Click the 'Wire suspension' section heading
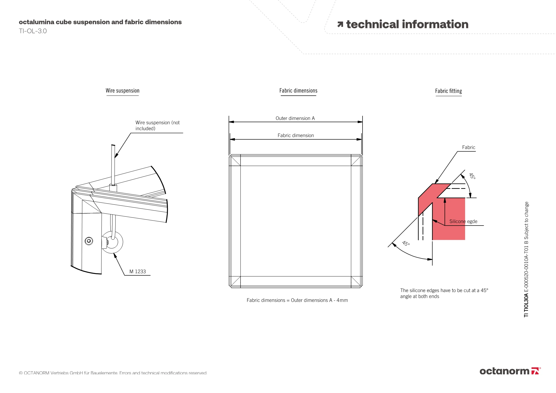122,91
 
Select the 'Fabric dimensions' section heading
298,91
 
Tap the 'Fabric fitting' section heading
448,91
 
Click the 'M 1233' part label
138,271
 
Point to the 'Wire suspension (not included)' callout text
157,125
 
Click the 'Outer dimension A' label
295,118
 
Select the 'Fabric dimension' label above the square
296,135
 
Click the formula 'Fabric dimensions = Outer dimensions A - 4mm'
297,300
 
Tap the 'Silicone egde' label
463,221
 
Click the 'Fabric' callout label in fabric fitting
468,147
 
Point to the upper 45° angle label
472,176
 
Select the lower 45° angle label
406,244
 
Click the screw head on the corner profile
89,241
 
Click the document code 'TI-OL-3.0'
33,31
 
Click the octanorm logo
510,371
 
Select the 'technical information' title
407,24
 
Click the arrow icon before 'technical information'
340,24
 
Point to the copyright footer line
113,373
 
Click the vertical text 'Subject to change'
526,221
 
